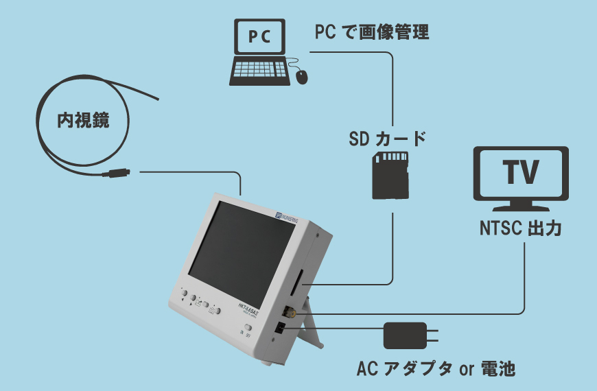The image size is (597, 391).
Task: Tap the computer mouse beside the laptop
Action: [x=302, y=75]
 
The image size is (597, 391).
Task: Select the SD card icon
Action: [x=390, y=176]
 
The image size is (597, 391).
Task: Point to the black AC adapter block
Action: [x=403, y=336]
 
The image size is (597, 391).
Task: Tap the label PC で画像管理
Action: [x=372, y=32]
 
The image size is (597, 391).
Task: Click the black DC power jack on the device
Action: [x=281, y=329]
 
